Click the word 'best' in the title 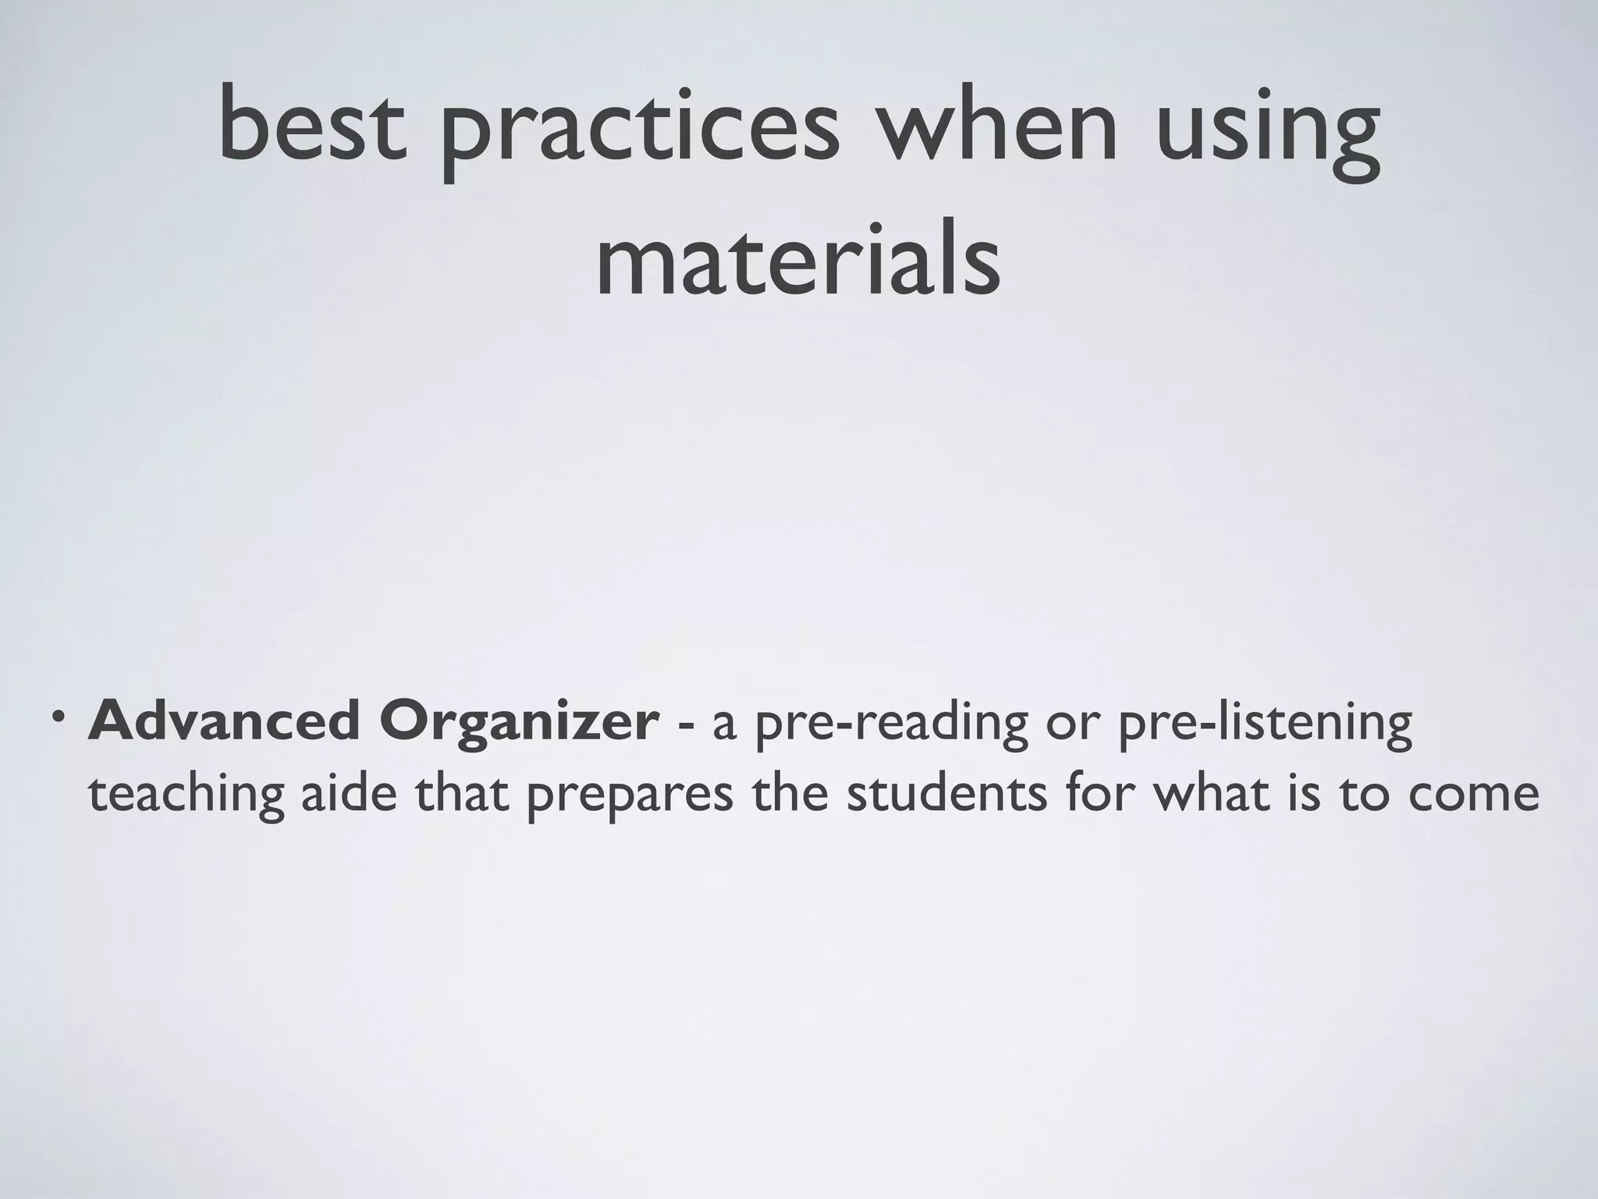click(x=313, y=125)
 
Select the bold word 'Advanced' click(x=222, y=723)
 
